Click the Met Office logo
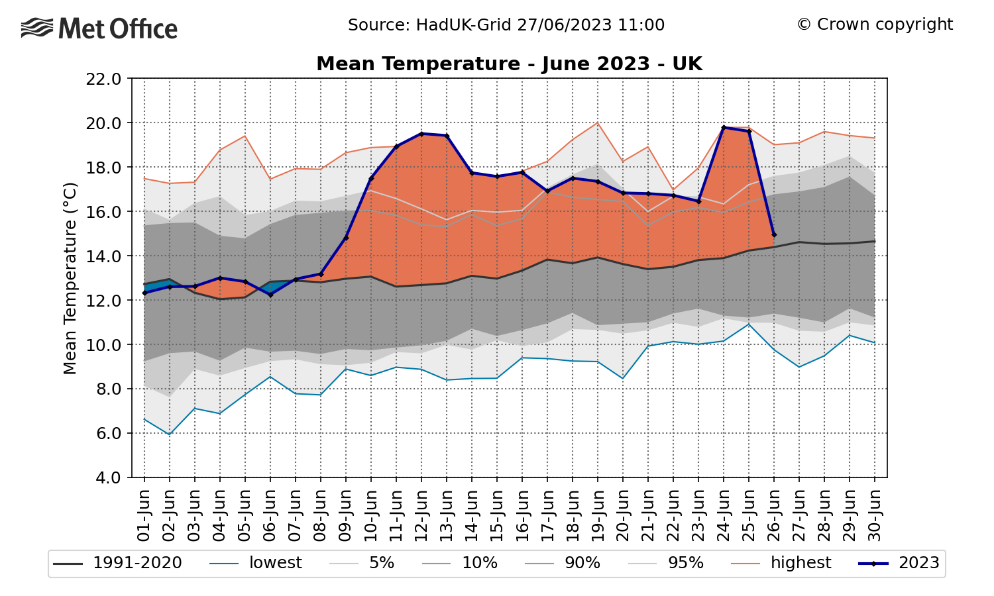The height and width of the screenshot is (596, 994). (99, 28)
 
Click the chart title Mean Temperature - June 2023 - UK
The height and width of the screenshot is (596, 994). (509, 64)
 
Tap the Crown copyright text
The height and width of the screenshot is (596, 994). (875, 25)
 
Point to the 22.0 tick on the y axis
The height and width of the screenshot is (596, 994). (103, 79)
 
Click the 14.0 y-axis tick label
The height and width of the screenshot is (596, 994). (103, 256)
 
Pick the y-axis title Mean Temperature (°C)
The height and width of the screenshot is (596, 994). (70, 278)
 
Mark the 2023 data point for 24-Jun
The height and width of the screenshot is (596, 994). (724, 127)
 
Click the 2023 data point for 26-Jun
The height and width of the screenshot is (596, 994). (774, 234)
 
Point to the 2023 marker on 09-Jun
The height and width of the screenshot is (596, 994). (346, 238)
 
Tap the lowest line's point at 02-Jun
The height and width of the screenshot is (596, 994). (170, 434)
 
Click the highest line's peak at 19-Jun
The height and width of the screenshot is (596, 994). (598, 123)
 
